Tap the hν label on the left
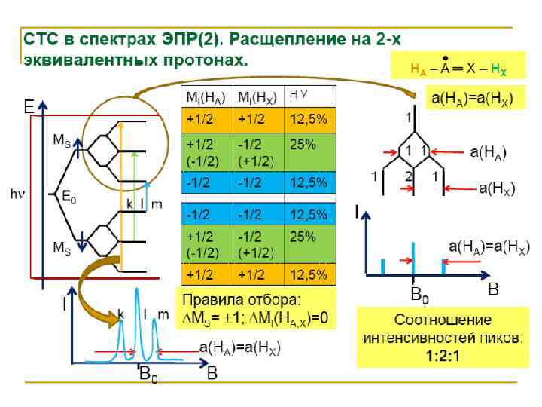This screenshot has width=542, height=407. click(17, 194)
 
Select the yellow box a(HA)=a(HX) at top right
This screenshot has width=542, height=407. click(470, 98)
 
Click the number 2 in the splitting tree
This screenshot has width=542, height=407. click(407, 175)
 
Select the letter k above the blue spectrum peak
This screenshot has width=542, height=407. click(120, 311)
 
